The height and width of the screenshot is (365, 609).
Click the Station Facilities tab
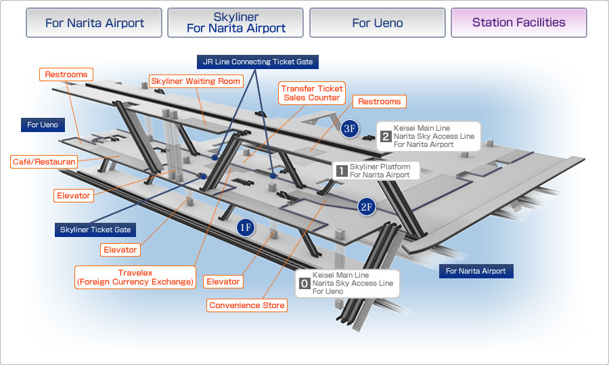click(518, 22)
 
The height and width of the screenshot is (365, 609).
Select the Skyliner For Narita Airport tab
click(235, 22)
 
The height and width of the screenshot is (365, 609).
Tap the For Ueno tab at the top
click(377, 22)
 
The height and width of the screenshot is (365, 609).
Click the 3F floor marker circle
click(350, 129)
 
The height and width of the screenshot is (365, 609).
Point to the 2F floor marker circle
click(367, 207)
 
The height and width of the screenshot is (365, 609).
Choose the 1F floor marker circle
click(246, 228)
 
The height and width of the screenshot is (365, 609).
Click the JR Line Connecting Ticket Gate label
click(258, 62)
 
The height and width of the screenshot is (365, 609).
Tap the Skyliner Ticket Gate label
click(95, 230)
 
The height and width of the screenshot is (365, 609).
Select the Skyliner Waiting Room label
click(196, 81)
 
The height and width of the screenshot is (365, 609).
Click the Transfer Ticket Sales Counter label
click(312, 93)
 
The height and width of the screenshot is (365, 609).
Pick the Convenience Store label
click(247, 305)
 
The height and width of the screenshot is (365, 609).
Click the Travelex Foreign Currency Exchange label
click(135, 277)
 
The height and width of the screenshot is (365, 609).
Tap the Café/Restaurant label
click(44, 162)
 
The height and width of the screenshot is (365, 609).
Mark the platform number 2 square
click(386, 136)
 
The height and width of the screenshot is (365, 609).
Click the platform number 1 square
click(342, 171)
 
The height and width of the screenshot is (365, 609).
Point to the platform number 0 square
click(304, 284)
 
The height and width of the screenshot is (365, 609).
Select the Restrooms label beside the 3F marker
click(379, 102)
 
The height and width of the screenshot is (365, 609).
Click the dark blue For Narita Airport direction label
click(476, 271)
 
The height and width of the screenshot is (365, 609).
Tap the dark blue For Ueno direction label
click(43, 125)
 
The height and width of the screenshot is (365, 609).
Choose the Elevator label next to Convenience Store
click(223, 282)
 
